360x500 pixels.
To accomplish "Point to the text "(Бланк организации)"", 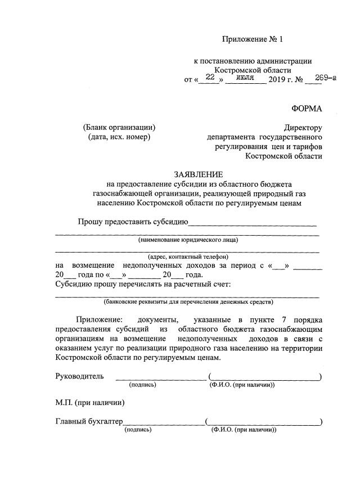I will pyautogui.click(x=119, y=127).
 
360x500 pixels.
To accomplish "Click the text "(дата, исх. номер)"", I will pyautogui.click(x=119, y=137).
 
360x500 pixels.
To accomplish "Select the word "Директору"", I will pyautogui.click(x=303, y=128).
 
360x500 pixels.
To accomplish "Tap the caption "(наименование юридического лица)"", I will pyautogui.click(x=188, y=240).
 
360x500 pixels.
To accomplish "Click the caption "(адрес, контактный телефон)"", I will pyautogui.click(x=188, y=256).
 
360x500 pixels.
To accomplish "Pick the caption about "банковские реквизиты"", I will pyautogui.click(x=188, y=301).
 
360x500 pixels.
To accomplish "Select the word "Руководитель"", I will pyautogui.click(x=79, y=376).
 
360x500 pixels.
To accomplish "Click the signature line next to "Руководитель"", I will pyautogui.click(x=161, y=378).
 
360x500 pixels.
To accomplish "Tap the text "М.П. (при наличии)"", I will pyautogui.click(x=90, y=402).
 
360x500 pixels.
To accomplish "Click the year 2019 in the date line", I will pyautogui.click(x=277, y=79).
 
